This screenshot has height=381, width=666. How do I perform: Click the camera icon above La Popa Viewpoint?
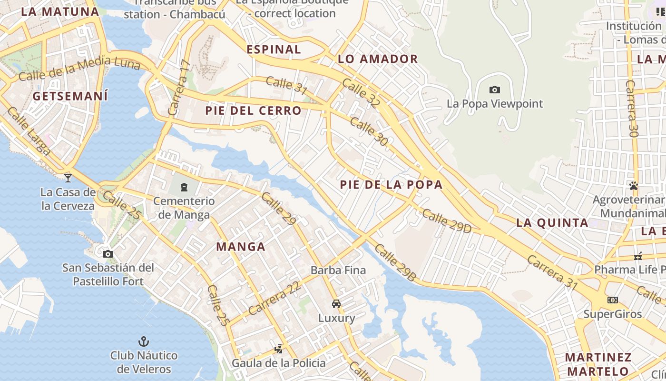(494, 90)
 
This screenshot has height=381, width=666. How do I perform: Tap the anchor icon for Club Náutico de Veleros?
(143, 341)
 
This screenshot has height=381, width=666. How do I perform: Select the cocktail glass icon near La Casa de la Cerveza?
(68, 178)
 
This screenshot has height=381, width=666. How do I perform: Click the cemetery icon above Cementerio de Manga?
(184, 187)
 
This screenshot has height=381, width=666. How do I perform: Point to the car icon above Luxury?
(336, 304)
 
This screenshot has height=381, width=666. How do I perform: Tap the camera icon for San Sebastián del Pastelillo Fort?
(108, 254)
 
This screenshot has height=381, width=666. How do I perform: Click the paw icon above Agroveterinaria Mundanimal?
(633, 186)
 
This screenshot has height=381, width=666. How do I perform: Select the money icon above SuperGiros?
(612, 300)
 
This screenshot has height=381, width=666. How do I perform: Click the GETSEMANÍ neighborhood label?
(70, 96)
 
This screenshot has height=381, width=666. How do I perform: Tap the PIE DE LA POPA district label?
(391, 185)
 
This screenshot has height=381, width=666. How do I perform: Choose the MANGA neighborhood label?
(241, 247)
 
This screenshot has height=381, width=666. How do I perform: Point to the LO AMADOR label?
(378, 59)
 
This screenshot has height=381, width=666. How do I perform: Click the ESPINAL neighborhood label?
(274, 50)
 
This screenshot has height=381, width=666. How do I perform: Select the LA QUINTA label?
(552, 223)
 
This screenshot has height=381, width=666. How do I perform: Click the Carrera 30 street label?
(631, 109)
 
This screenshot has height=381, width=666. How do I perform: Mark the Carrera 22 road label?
(274, 298)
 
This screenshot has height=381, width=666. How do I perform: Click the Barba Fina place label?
(338, 271)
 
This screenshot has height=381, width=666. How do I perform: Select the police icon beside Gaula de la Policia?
(278, 350)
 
